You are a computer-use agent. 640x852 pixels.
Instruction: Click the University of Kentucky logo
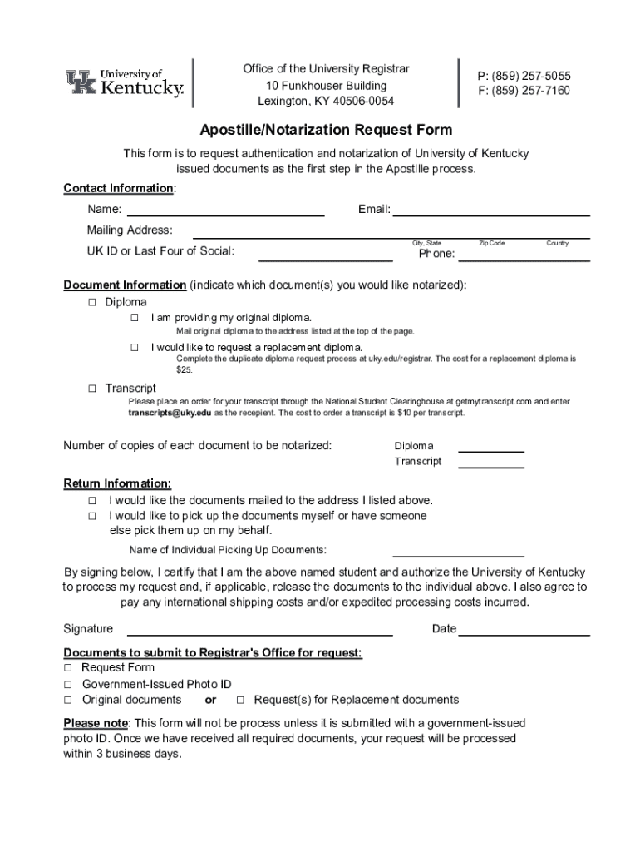click(125, 83)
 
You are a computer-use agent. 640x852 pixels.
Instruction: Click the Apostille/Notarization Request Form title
click(326, 130)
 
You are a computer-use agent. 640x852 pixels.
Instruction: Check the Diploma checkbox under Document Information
click(92, 302)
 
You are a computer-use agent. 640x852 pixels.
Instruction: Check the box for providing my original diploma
click(133, 318)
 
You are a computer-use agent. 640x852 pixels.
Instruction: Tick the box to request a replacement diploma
click(133, 347)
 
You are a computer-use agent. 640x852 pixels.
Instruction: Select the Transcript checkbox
click(92, 389)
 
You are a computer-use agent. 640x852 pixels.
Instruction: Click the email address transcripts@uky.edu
click(170, 413)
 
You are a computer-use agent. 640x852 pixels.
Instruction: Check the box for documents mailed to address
click(92, 501)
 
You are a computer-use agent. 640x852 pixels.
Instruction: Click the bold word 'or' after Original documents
click(210, 700)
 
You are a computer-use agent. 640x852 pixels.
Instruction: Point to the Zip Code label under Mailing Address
click(491, 243)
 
